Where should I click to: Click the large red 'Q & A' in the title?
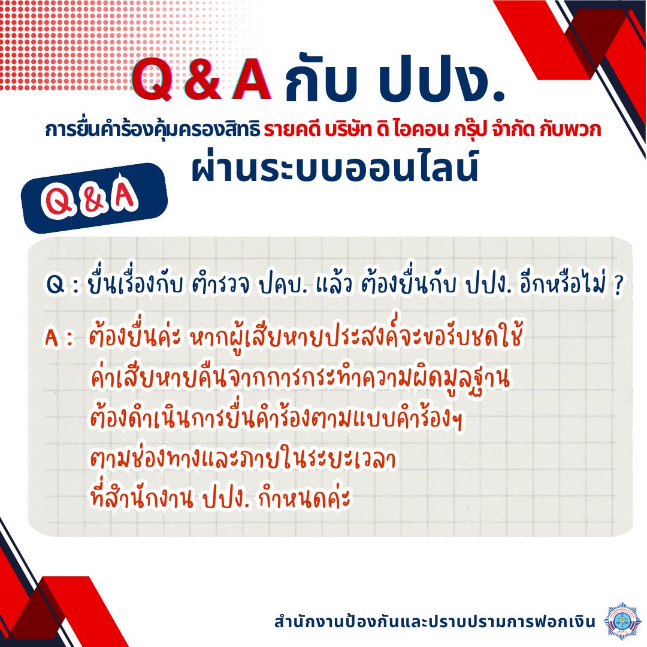point(201,79)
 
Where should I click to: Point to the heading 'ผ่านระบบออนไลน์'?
point(335,166)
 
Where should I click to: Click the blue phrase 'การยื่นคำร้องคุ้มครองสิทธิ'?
point(152,129)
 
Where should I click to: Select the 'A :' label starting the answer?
point(61,338)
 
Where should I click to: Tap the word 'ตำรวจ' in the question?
point(220,285)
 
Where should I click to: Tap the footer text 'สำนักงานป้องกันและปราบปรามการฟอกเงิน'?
point(435,621)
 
